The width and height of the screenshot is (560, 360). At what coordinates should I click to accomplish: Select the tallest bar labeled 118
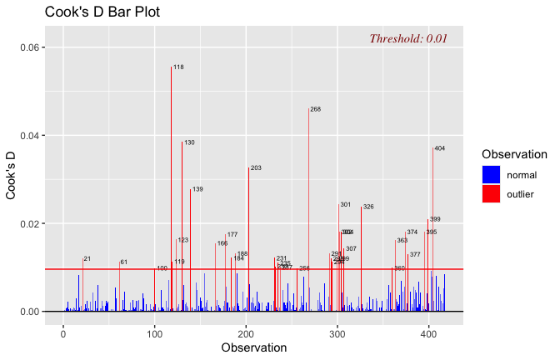point(171,183)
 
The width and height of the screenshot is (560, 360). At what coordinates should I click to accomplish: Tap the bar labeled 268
point(308,208)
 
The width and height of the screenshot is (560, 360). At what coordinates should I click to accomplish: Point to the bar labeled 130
point(182,225)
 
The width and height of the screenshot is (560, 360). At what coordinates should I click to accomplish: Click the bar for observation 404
point(432,225)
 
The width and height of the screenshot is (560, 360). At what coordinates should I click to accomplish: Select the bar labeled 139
point(190,250)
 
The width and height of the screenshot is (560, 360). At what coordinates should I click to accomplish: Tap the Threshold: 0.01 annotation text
point(408,38)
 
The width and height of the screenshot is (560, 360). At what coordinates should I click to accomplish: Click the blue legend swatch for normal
point(491,174)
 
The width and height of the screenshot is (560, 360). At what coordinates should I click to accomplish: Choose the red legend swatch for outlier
point(491,194)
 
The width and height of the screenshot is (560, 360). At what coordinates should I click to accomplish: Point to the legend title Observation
point(514,154)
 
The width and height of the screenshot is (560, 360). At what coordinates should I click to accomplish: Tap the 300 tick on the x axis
point(337,333)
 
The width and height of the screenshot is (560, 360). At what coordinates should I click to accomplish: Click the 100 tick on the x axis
point(154,333)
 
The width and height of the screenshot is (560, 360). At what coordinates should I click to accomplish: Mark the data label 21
point(87,259)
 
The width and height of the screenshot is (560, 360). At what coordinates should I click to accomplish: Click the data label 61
point(124,262)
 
